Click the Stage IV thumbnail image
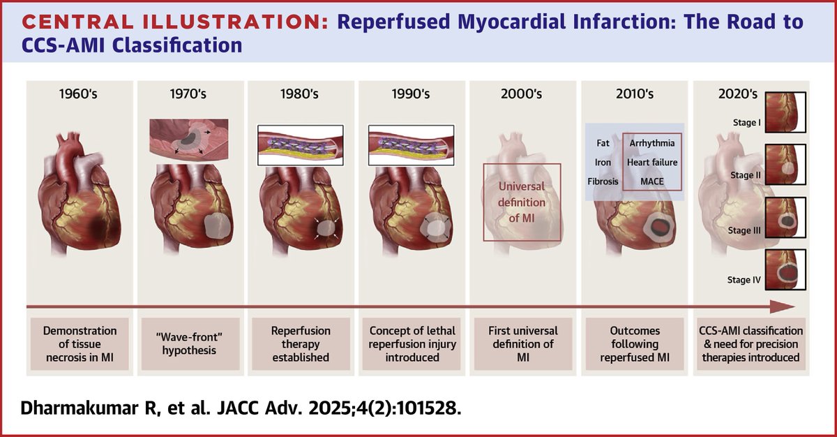(x=785, y=269)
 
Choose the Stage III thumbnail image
(x=785, y=218)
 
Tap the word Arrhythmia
(x=651, y=143)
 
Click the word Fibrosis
(x=603, y=182)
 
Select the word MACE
(x=651, y=182)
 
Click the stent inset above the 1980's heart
(x=300, y=145)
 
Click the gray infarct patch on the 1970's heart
(x=218, y=228)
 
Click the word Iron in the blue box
(x=603, y=163)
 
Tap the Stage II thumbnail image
(x=785, y=167)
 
